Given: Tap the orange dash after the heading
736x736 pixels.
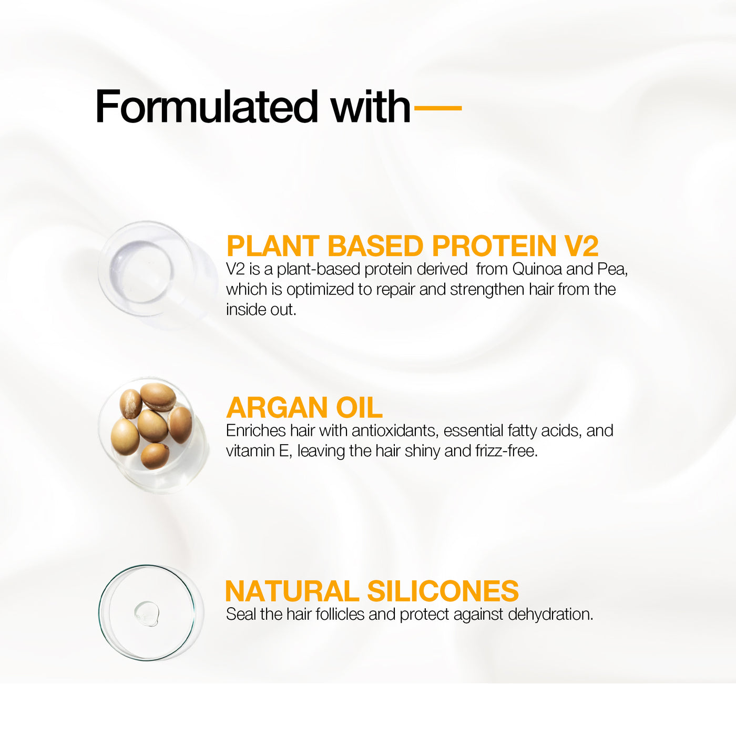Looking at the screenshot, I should click(x=438, y=108).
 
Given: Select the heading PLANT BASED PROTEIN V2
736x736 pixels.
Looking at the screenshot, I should click(x=412, y=246).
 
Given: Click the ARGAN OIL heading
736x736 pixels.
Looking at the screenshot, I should click(x=304, y=408).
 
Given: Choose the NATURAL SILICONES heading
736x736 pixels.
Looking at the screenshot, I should click(x=372, y=591).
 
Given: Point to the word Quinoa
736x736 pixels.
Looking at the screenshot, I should click(x=537, y=269).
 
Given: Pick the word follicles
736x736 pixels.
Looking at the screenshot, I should click(x=340, y=614).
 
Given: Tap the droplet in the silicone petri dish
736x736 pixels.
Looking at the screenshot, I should click(x=147, y=614).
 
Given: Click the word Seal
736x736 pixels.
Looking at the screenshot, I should click(x=240, y=614).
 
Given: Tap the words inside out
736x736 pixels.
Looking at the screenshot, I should click(x=261, y=310).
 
